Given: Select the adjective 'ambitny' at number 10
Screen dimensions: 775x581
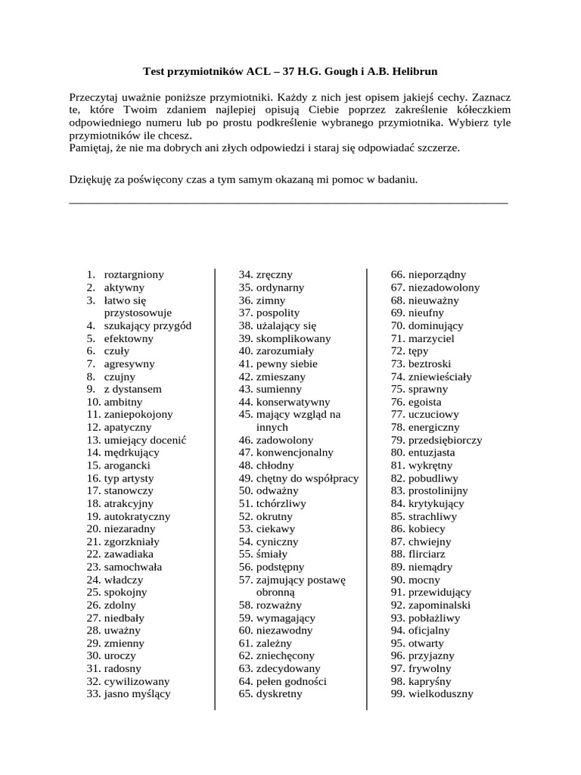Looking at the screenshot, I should [x=123, y=402].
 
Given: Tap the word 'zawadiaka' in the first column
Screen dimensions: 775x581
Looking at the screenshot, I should [x=129, y=554].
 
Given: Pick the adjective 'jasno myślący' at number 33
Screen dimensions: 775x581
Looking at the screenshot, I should [x=137, y=693].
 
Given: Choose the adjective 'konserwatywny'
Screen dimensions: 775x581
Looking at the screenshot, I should [x=293, y=402].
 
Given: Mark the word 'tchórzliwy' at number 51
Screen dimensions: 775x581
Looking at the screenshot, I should [x=281, y=503].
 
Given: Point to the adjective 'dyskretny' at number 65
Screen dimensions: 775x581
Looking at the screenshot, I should [x=279, y=693].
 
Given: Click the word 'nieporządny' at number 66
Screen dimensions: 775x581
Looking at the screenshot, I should [x=437, y=275].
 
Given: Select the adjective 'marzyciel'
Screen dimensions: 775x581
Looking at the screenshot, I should [x=431, y=338].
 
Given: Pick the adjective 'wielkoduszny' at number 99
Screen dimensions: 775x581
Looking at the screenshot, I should [x=440, y=693].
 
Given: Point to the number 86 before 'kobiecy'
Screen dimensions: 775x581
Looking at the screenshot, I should [x=397, y=529].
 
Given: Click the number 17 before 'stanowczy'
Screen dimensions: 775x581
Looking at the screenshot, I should [x=93, y=490].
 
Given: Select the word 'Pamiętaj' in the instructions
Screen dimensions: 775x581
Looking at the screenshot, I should [x=90, y=148].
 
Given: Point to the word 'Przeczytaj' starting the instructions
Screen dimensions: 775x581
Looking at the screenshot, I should [x=95, y=98].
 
